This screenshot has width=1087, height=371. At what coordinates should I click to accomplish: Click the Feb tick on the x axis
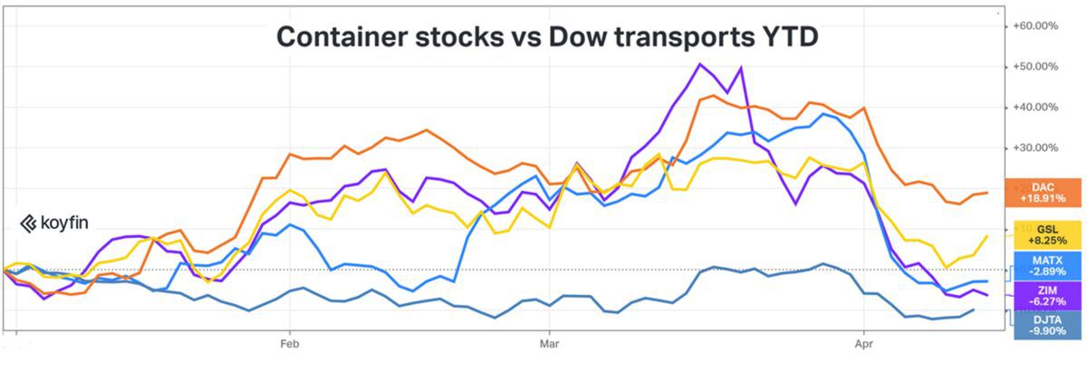point(290,344)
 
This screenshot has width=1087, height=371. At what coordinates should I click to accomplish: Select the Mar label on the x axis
point(548,344)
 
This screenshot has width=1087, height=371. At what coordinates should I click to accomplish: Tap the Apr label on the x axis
point(864,344)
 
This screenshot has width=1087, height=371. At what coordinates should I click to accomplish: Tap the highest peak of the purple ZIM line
point(700,64)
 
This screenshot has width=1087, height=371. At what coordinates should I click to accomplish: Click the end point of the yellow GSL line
point(986,235)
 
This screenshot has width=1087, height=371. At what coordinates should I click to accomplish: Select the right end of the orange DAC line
point(986,193)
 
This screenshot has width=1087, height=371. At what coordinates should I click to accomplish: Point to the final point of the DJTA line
point(974,310)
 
